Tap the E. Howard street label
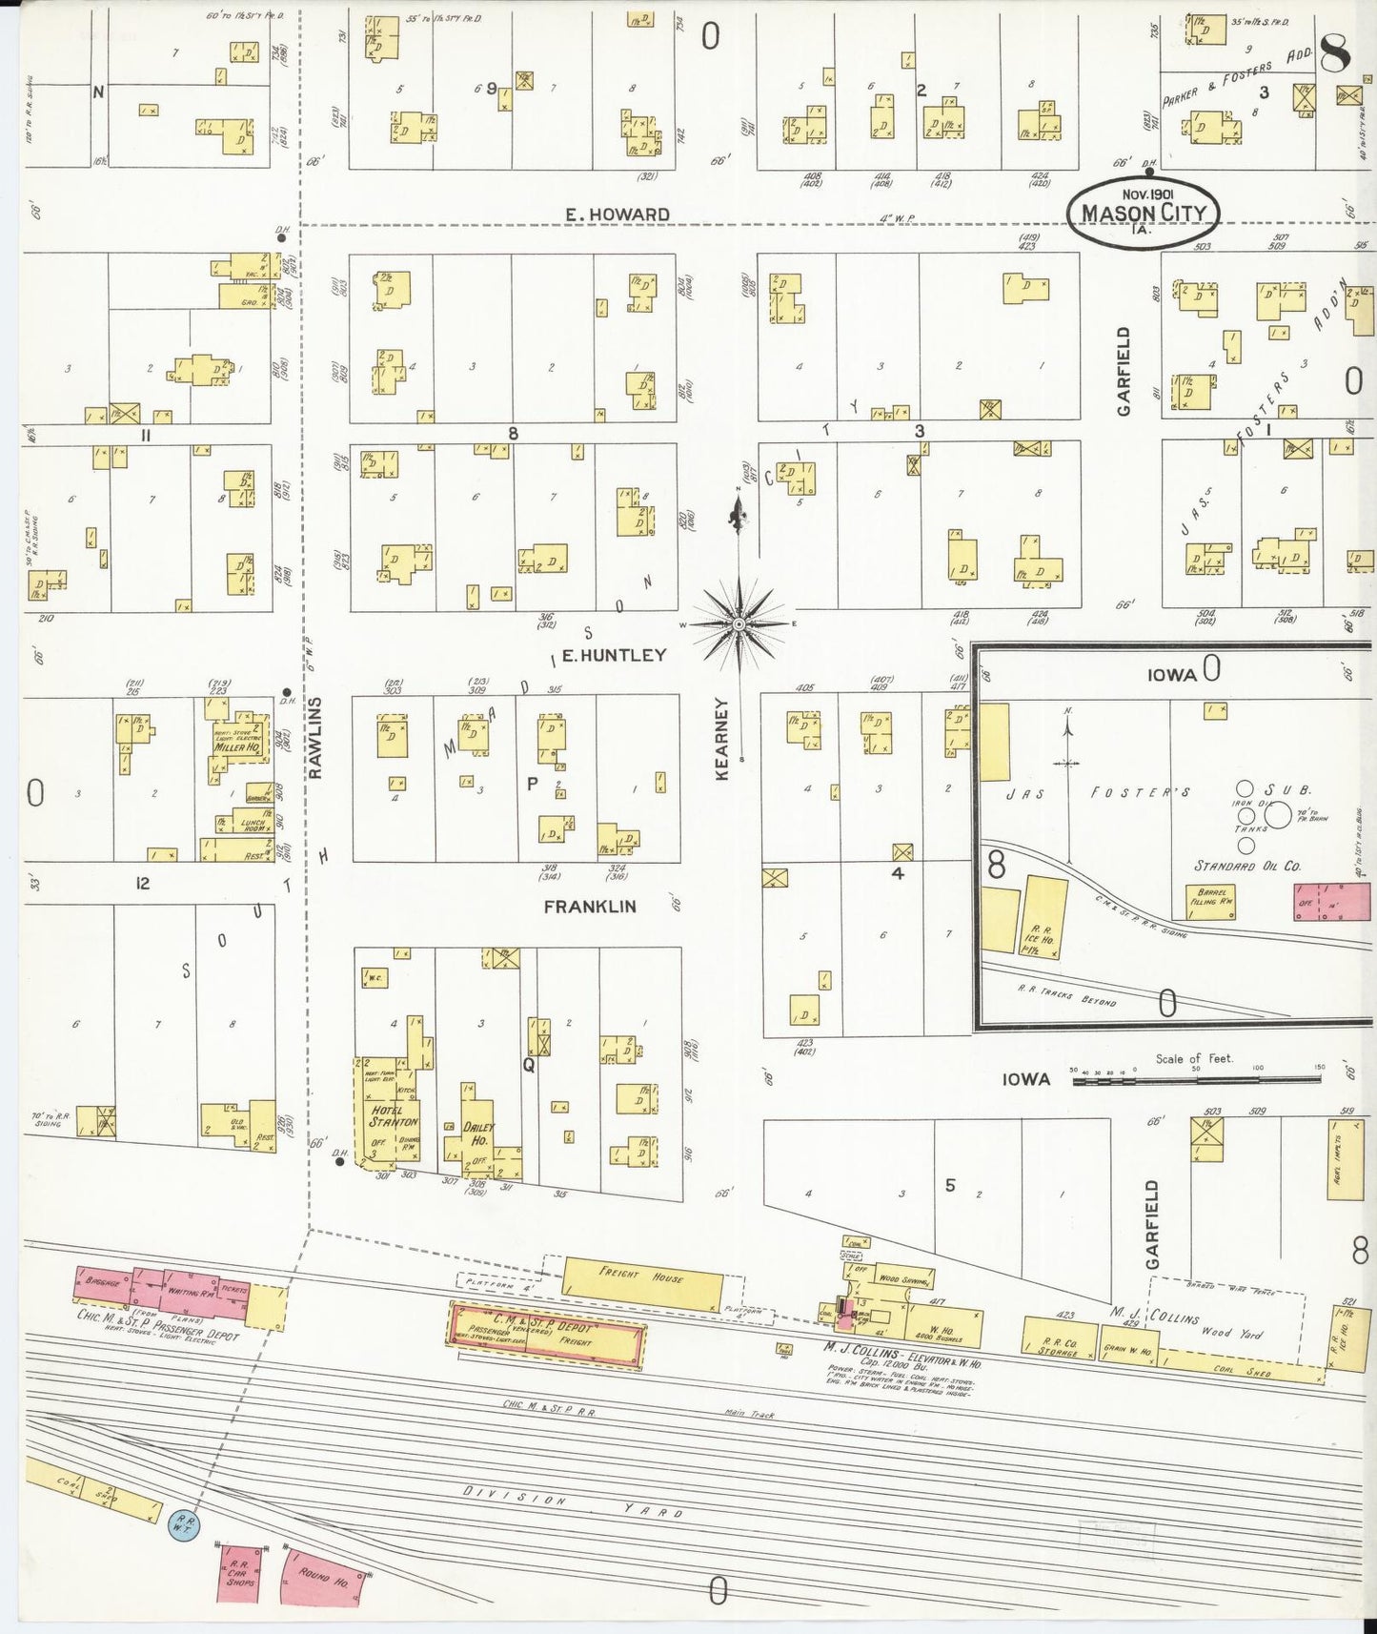click(617, 214)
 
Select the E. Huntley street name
click(614, 655)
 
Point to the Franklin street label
click(589, 907)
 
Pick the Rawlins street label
click(315, 737)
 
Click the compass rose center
click(739, 623)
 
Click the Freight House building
click(643, 1280)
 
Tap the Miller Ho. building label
click(237, 747)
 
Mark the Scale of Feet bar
click(1191, 1080)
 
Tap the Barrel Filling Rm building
click(1210, 901)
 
